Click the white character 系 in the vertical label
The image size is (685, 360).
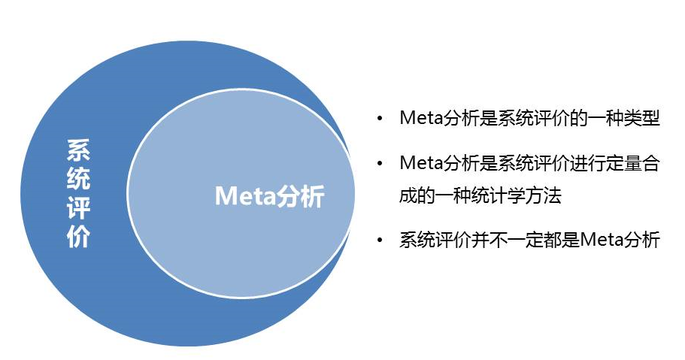pyautogui.click(x=79, y=150)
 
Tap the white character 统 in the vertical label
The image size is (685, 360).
pyautogui.click(x=79, y=179)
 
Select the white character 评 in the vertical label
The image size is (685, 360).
pyautogui.click(x=79, y=207)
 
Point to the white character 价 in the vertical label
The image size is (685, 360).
pyautogui.click(x=79, y=236)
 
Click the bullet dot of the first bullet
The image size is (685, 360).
pyautogui.click(x=380, y=119)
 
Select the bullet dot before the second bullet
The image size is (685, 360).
pyautogui.click(x=380, y=164)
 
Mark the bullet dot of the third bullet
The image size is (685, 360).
pyautogui.click(x=380, y=240)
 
